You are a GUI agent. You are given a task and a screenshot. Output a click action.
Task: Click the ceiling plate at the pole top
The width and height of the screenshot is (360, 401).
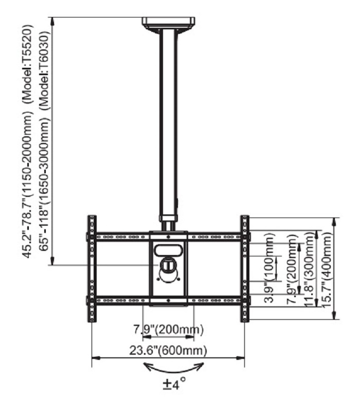click(x=169, y=23)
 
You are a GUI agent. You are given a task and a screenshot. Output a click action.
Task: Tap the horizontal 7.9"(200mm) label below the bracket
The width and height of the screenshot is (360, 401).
click(x=168, y=329)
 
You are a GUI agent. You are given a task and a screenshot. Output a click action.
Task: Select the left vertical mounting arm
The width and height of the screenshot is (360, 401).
click(x=92, y=268)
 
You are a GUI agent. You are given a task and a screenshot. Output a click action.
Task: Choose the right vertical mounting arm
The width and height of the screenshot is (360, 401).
click(x=244, y=268)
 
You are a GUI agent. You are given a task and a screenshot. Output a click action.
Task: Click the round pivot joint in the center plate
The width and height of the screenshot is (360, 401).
click(x=169, y=265)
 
